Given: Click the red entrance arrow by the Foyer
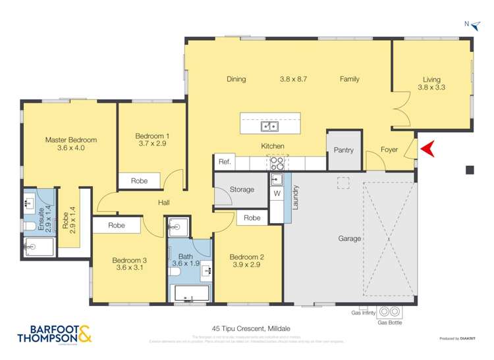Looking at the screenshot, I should coord(427,150).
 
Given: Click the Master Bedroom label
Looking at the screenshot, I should coord(70,140).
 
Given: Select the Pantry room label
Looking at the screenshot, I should coord(343,150).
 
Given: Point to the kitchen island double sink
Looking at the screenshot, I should coord(269,126).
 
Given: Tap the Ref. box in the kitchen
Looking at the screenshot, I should coord(223,162).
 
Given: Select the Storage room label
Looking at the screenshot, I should coord(242,190).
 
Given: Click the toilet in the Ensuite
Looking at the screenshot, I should coord(30,227).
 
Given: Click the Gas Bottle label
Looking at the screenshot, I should coord(389,323).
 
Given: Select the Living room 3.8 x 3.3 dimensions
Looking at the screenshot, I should coord(431,86).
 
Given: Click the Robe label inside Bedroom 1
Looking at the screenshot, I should coord(139,180).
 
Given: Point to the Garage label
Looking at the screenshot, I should coord(349,238).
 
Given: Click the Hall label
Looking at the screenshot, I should coord(165,203).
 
